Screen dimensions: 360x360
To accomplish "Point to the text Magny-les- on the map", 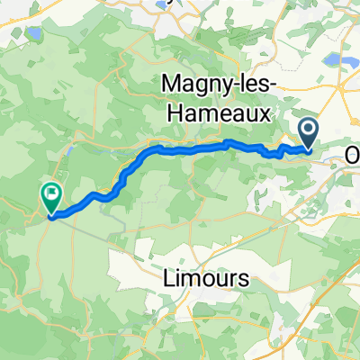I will [x=220, y=84].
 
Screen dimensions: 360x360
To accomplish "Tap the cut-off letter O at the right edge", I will [x=353, y=156].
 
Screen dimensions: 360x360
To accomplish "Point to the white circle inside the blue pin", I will [x=309, y=131].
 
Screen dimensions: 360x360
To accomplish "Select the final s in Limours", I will [x=243, y=280].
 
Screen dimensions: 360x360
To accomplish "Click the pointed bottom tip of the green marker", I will [x=51, y=215].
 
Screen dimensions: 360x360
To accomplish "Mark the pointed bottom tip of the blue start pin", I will [x=309, y=150].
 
